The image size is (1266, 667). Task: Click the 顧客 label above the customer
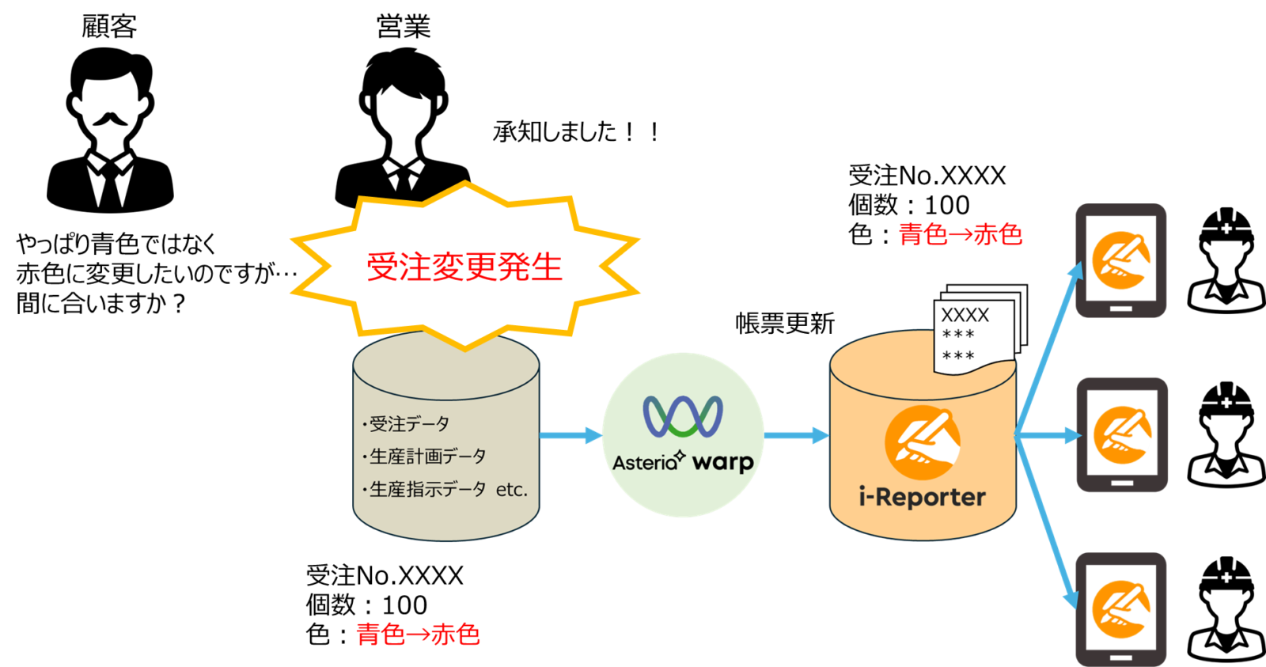tap(109, 26)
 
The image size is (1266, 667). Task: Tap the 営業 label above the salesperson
tap(404, 26)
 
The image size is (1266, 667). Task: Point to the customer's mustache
tap(110, 119)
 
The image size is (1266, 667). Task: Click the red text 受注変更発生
tap(464, 267)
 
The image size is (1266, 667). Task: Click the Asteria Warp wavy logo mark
tap(683, 417)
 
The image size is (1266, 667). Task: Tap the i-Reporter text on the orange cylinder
tap(923, 498)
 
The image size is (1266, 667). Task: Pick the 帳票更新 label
tap(785, 324)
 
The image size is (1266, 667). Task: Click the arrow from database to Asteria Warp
tap(570, 435)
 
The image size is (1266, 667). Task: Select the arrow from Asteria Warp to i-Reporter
tap(797, 435)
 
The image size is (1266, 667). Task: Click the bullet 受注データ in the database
tap(406, 423)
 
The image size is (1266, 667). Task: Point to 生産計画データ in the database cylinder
tap(424, 457)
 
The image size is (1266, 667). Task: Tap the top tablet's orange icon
tap(1120, 260)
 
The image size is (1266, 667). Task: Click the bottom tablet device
tap(1121, 609)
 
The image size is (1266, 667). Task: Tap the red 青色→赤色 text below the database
tap(418, 635)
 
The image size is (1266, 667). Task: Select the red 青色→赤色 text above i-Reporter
tap(961, 234)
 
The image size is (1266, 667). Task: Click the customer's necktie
tap(110, 184)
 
